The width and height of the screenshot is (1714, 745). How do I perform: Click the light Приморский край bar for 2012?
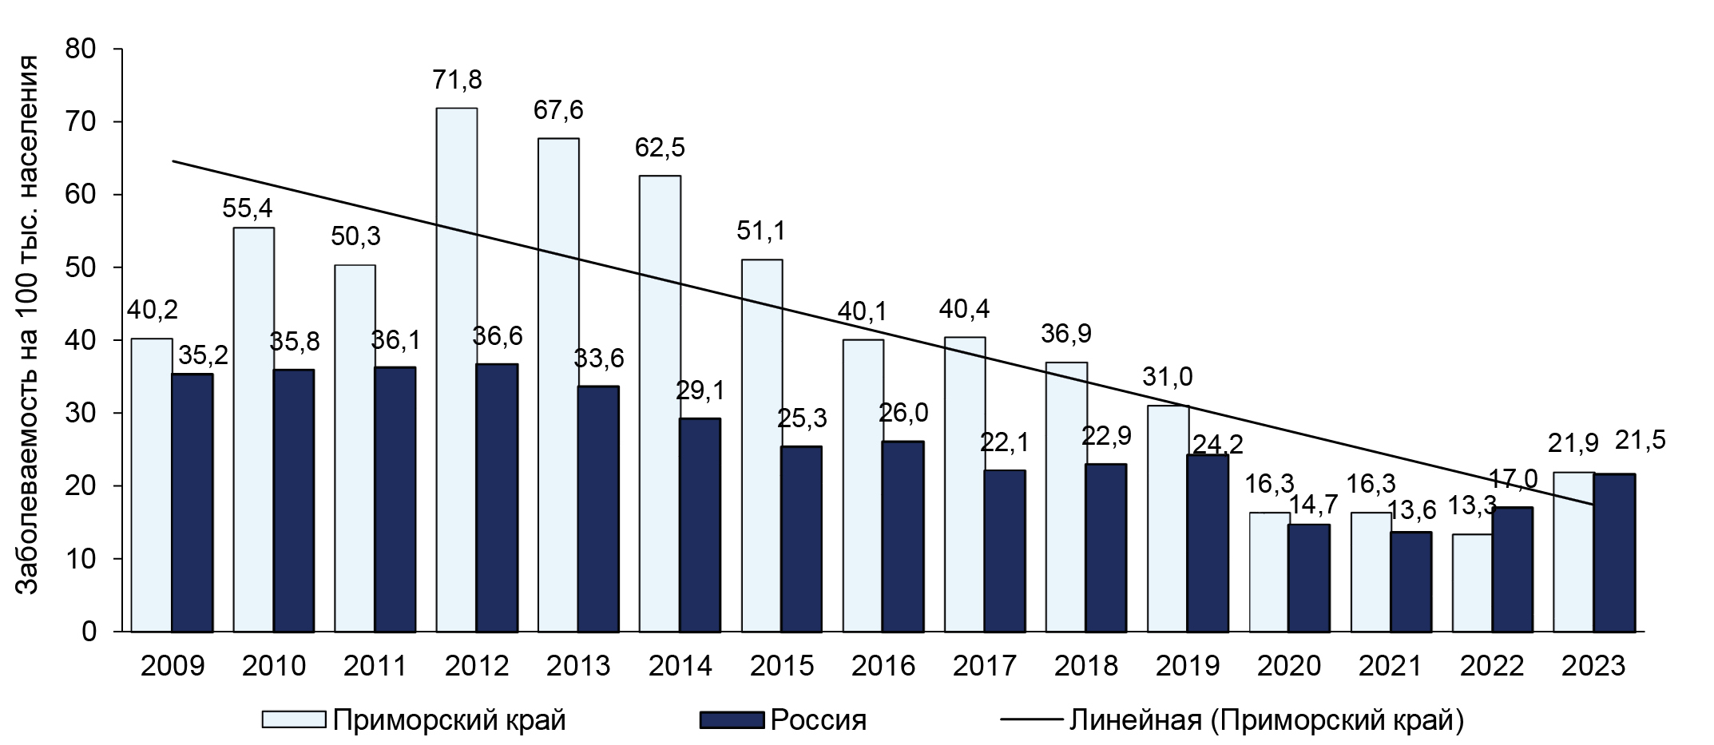(457, 370)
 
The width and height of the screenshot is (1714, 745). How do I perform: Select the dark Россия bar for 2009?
(192, 503)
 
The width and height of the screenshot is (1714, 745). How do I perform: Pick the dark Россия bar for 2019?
(1207, 543)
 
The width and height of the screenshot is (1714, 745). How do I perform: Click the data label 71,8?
(457, 80)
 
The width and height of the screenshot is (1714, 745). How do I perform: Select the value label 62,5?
(660, 148)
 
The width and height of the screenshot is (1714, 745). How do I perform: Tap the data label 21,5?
(1640, 440)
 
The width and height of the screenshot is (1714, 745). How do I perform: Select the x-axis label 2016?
(883, 666)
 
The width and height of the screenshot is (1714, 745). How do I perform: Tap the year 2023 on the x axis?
(1593, 666)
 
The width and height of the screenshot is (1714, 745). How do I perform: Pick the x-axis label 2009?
(172, 666)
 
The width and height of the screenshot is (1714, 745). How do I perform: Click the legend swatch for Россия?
(732, 720)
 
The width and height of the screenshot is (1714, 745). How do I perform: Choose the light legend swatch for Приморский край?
(294, 720)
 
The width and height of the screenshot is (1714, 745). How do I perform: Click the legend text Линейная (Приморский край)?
(1267, 720)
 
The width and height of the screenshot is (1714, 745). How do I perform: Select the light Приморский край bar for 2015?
(762, 446)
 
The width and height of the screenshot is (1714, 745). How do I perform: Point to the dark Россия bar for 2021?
(1410, 582)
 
